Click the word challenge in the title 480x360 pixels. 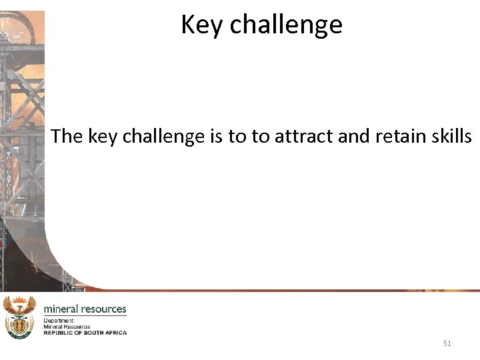tap(286, 25)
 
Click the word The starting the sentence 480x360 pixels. tap(66, 137)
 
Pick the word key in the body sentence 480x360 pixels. tap(101, 137)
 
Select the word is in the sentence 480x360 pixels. tap(217, 137)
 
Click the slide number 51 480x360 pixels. tap(447, 343)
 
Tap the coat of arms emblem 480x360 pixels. tap(19, 317)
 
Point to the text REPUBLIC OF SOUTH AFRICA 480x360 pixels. tap(85, 332)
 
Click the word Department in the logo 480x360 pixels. tap(59, 321)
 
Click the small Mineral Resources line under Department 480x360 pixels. tap(67, 327)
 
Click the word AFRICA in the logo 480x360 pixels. tap(116, 332)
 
